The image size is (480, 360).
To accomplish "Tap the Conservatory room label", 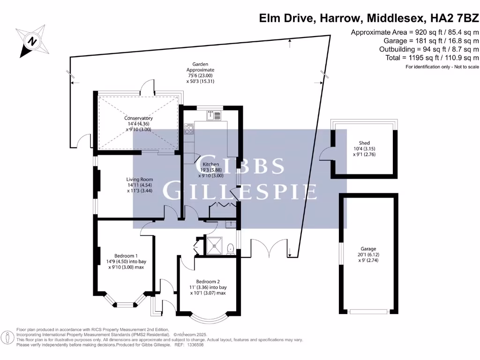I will point(138,119).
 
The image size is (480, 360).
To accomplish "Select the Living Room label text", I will point(140,179).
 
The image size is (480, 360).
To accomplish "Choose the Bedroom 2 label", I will point(208,281).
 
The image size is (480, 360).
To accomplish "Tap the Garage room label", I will point(368,249).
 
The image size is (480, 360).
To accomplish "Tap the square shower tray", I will point(215,245).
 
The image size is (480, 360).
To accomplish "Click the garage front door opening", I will point(368,311).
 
